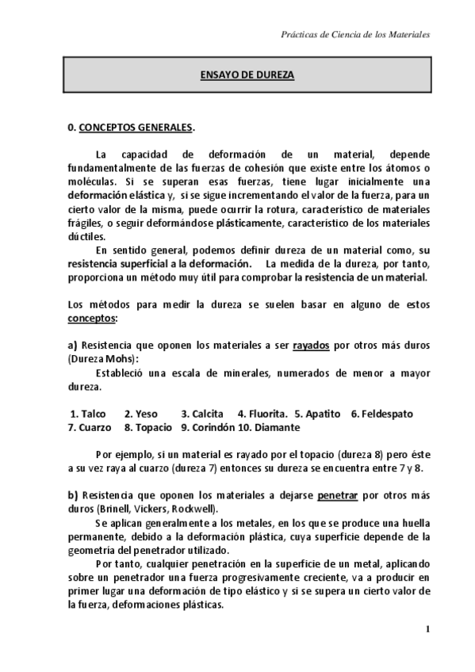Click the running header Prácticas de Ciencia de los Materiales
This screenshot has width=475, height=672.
[356, 35]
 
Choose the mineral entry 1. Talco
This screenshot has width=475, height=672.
[88, 414]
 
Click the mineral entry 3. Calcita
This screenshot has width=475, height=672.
[202, 414]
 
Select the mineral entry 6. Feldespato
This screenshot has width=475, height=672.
[381, 414]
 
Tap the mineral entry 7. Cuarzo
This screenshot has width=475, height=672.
[90, 427]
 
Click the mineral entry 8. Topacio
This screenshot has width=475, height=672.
[148, 427]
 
